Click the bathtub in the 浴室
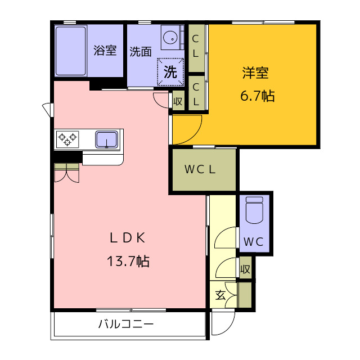coord(71,51)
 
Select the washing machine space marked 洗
coord(170,72)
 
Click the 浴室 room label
coord(105,50)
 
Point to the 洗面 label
coord(141,51)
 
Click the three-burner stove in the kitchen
coord(67,139)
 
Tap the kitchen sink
coord(107,139)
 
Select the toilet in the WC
coord(254,210)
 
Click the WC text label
coord(254,242)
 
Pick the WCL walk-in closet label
coord(200,169)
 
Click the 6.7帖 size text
coord(258,96)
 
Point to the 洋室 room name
coord(255,73)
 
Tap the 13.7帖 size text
coord(128,261)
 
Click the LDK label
coord(128,238)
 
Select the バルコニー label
coord(126,324)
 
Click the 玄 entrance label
coord(220,295)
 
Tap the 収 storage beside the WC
coord(245,269)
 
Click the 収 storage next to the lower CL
coord(178,101)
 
